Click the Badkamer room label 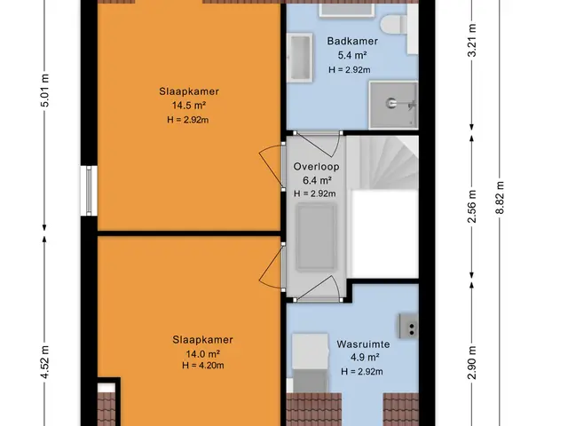pyautogui.click(x=352, y=41)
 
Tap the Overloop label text pyautogui.click(x=316, y=167)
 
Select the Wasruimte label pyautogui.click(x=363, y=344)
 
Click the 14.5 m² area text pyautogui.click(x=189, y=106)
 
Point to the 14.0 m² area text pyautogui.click(x=203, y=353)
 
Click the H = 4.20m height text pyautogui.click(x=203, y=366)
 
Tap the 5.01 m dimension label pyautogui.click(x=44, y=91)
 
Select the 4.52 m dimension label pyautogui.click(x=44, y=362)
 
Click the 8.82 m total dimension pyautogui.click(x=500, y=197)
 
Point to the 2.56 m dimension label pyautogui.click(x=471, y=206)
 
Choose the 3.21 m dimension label pyautogui.click(x=471, y=40)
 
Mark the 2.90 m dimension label pyautogui.click(x=471, y=362)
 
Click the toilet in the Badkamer pyautogui.click(x=394, y=24)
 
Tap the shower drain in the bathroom pyautogui.click(x=391, y=103)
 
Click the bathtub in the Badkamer pyautogui.click(x=300, y=58)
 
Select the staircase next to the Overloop pyautogui.click(x=383, y=162)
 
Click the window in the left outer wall pyautogui.click(x=89, y=191)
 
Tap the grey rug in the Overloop pyautogui.click(x=316, y=238)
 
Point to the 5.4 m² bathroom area pyautogui.click(x=352, y=55)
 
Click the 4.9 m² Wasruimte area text pyautogui.click(x=365, y=358)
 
